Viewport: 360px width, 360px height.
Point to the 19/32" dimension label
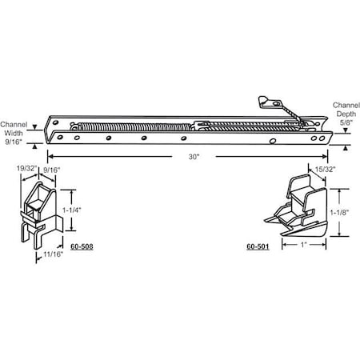25,170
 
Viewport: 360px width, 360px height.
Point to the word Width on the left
14,134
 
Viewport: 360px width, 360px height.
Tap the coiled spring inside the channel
136,126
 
